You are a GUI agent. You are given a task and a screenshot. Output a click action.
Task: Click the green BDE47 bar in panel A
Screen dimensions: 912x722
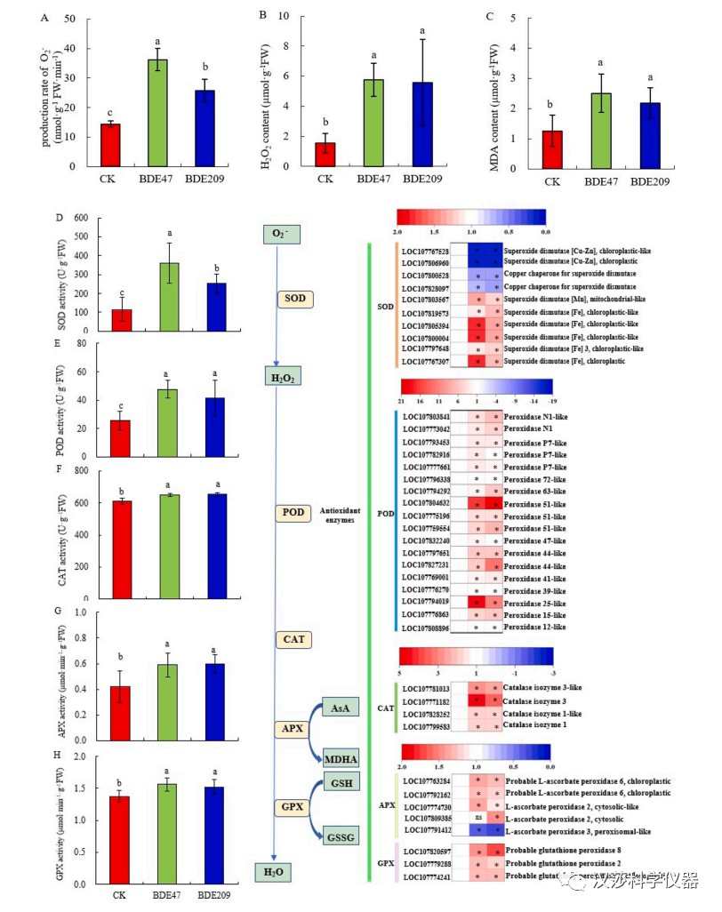click(x=157, y=112)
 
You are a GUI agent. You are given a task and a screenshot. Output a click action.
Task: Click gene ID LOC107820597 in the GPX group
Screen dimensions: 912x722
click(x=434, y=851)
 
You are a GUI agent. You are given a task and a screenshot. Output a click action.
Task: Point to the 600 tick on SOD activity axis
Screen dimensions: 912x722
click(x=81, y=218)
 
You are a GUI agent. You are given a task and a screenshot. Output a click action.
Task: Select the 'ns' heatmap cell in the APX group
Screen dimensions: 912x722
click(x=478, y=818)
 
